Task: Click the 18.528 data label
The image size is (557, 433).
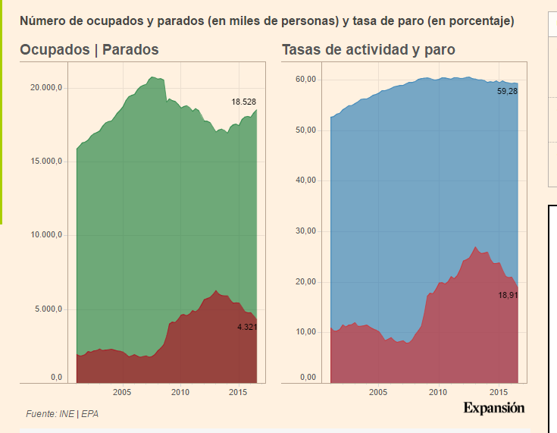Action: click(244, 102)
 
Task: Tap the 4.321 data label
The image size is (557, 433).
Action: click(247, 327)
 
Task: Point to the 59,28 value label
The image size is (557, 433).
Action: click(508, 91)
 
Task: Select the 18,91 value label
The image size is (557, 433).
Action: click(508, 295)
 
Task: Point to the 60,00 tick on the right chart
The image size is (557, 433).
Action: click(306, 79)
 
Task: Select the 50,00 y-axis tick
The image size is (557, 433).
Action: click(306, 130)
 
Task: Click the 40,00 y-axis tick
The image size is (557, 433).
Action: click(306, 180)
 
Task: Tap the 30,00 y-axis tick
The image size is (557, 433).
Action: click(306, 231)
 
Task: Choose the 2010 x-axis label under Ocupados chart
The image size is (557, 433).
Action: click(180, 392)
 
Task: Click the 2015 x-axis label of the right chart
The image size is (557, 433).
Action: click(498, 392)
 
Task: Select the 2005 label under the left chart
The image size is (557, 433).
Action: click(122, 392)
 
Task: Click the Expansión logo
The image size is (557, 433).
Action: click(493, 408)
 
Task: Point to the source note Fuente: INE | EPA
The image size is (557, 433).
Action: click(62, 414)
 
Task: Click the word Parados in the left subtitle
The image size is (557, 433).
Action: click(130, 50)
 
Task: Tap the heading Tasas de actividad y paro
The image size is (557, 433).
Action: click(368, 50)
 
